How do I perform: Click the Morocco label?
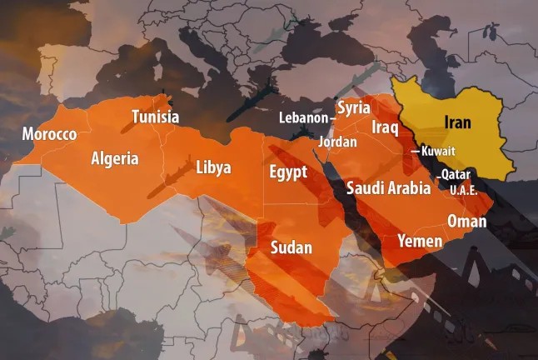coord(49,134)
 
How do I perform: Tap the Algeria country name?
coord(115,158)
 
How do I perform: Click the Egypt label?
coord(288,172)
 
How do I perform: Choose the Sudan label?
coord(291,247)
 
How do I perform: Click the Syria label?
coord(352,108)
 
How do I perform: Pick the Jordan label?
coord(337,142)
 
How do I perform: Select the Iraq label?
coord(386,127)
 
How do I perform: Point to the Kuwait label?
coord(438,152)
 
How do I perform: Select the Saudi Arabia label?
coord(389,187)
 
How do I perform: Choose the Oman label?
coord(467,221)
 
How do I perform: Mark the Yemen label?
coord(420,242)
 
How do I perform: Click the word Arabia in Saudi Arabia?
coord(409,187)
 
